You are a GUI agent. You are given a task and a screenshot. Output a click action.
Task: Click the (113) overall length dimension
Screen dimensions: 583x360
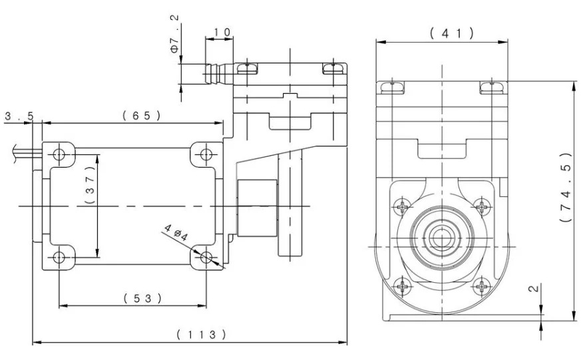click(201, 334)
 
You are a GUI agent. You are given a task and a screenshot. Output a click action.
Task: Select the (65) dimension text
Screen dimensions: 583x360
click(142, 116)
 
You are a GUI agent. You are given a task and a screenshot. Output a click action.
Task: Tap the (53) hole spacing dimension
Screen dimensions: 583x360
click(143, 298)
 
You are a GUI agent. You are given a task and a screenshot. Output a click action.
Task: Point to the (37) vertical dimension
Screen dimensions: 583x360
click(91, 184)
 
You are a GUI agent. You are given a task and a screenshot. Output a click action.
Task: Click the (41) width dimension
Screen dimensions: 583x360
click(452, 33)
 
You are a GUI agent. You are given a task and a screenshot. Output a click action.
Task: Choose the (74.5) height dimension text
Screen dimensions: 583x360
click(566, 188)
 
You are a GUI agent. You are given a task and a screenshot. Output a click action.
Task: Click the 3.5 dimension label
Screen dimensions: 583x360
click(19, 116)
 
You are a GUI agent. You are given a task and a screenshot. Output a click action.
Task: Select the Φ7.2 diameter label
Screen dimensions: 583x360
click(175, 33)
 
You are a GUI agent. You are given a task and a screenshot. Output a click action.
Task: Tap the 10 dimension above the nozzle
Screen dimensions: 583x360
click(222, 32)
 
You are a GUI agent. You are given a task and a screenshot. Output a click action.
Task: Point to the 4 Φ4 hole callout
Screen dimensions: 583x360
click(176, 232)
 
